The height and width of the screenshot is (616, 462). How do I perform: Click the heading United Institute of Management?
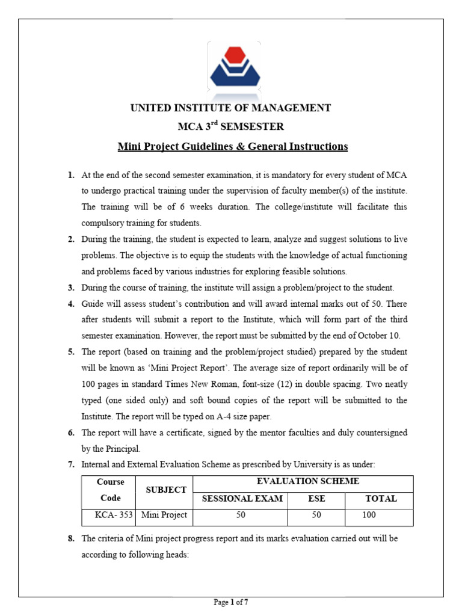coord(231,108)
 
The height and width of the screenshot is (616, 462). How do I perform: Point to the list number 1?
coord(71,175)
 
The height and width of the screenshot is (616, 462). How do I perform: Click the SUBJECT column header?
coord(166,490)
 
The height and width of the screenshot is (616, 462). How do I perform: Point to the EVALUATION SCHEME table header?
coord(308,482)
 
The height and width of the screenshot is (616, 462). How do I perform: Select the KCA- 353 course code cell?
coord(109,515)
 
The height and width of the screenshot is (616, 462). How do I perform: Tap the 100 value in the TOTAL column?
coord(369,515)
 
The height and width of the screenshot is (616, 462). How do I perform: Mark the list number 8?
coord(71,538)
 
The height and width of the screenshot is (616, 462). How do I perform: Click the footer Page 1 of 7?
coord(231,602)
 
